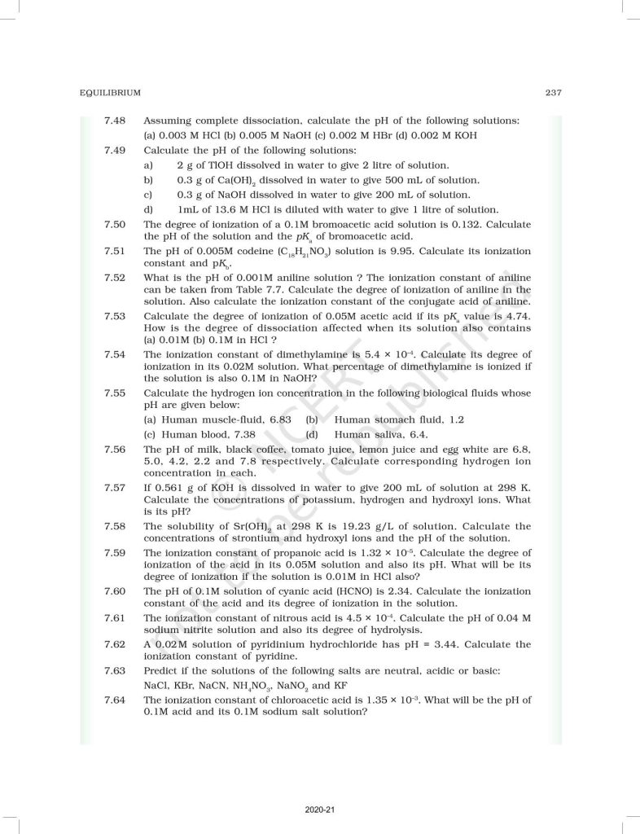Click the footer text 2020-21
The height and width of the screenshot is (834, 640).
click(319, 810)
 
